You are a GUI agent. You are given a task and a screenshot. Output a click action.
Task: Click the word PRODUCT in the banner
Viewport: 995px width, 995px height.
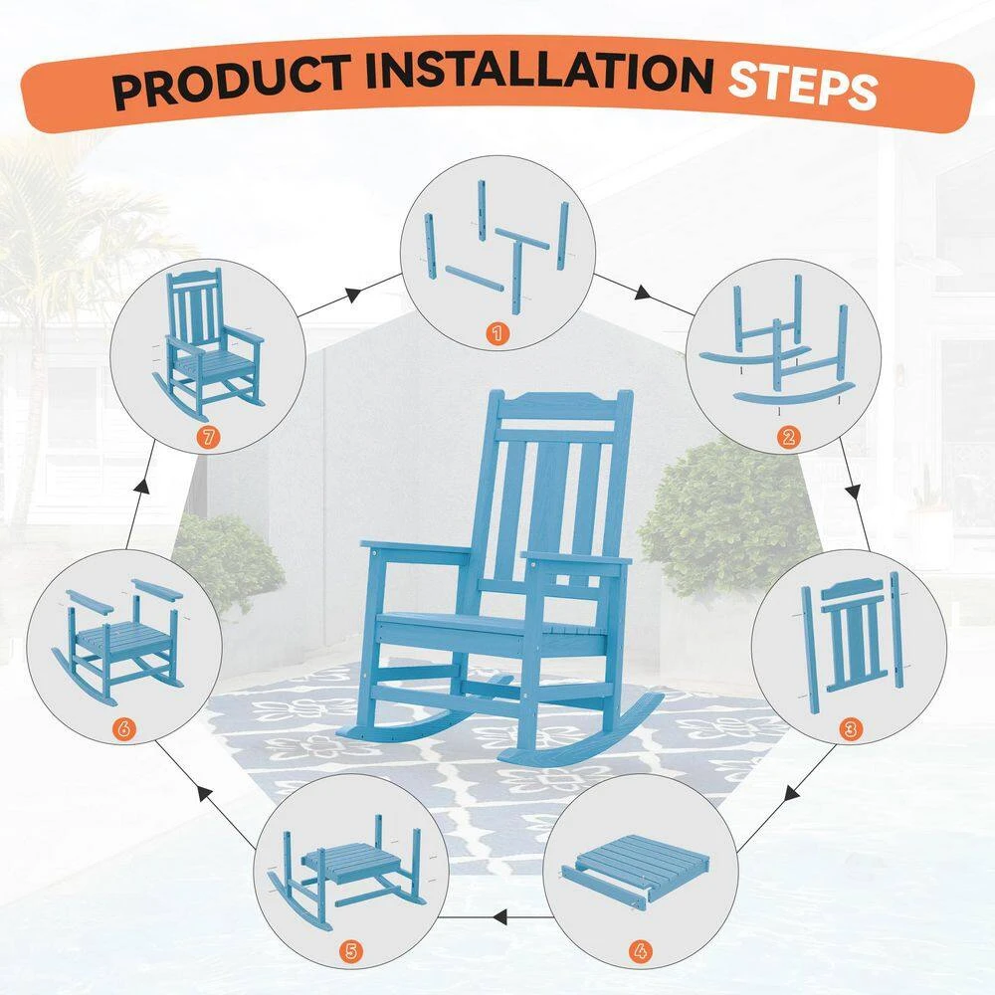click(231, 82)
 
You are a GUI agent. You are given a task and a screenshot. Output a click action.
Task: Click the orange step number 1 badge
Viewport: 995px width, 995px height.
click(497, 332)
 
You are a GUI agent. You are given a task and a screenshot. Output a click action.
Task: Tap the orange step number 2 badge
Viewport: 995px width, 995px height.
click(788, 437)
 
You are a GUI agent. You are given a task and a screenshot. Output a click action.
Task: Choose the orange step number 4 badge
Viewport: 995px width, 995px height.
click(640, 951)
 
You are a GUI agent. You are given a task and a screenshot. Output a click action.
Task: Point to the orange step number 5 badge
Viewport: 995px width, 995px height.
click(351, 951)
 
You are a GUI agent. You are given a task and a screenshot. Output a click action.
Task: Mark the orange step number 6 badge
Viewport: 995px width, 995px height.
click(123, 728)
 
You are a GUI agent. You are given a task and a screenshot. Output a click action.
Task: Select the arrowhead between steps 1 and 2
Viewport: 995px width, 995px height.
click(643, 293)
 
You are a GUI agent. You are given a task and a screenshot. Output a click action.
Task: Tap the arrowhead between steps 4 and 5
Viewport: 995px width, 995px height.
click(500, 916)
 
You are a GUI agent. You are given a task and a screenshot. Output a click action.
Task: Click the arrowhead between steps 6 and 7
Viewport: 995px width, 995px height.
click(142, 487)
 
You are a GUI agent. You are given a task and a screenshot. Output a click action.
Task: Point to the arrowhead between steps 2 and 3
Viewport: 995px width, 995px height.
click(854, 491)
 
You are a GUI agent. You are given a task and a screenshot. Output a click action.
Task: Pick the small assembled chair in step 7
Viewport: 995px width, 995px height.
click(208, 344)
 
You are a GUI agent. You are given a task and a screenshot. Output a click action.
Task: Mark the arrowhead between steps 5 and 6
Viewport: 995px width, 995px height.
click(204, 792)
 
